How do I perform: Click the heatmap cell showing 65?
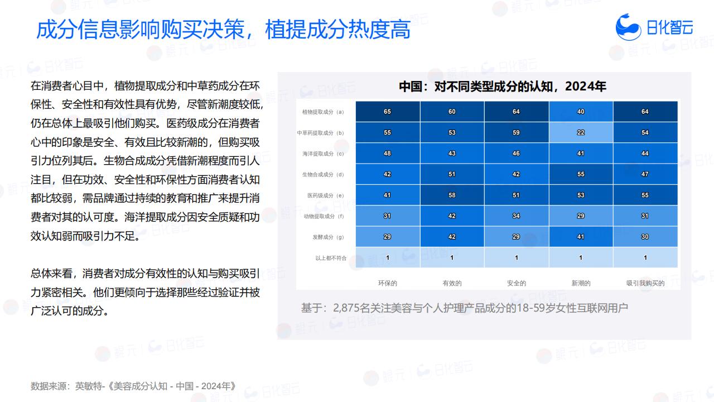click(x=388, y=111)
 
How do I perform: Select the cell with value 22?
click(x=581, y=132)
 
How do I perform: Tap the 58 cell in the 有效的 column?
click(x=452, y=195)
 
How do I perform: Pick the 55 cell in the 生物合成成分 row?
click(x=581, y=174)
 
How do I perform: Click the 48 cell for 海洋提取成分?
click(x=388, y=153)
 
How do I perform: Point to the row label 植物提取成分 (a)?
click(x=323, y=112)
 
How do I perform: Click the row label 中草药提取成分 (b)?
click(x=320, y=133)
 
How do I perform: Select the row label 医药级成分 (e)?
click(x=325, y=195)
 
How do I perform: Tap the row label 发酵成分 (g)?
click(x=328, y=237)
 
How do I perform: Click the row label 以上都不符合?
click(x=331, y=258)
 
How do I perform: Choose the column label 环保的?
click(x=388, y=283)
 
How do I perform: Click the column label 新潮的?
click(x=581, y=283)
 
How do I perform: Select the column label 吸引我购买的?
click(x=645, y=283)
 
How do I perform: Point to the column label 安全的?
click(x=517, y=283)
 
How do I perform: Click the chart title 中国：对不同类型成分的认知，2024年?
click(x=503, y=87)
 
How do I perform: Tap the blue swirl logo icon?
click(x=628, y=27)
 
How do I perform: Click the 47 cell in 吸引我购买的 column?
click(x=645, y=174)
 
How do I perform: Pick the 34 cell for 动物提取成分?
click(x=517, y=216)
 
